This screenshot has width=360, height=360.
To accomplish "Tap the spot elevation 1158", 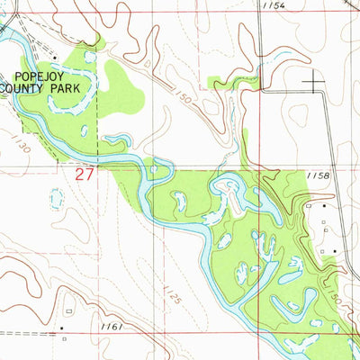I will [318, 176].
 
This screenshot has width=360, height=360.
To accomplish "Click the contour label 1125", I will [170, 293].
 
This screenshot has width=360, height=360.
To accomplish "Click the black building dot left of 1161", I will [62, 328].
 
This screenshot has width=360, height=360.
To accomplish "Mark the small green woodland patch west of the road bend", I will [219, 83].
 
